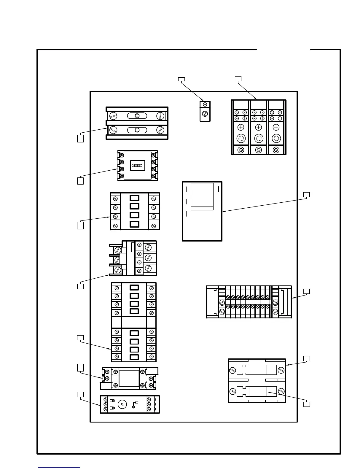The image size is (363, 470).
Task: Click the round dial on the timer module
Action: (x=122, y=404)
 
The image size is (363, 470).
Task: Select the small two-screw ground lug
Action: (x=205, y=111)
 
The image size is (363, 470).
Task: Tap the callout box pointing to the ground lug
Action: (x=181, y=79)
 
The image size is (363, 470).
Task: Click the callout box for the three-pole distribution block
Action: (x=238, y=79)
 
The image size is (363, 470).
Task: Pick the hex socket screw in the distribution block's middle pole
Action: (x=259, y=138)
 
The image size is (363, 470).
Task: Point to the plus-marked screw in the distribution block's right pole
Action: (x=276, y=127)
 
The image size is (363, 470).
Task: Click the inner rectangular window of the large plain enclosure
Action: (x=202, y=196)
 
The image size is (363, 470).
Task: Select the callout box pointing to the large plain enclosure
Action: (x=307, y=195)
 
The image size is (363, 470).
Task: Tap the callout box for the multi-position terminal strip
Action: (x=307, y=291)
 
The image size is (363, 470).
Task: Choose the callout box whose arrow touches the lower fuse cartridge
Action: (x=307, y=404)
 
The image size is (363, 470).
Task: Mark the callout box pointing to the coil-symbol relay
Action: (x=80, y=181)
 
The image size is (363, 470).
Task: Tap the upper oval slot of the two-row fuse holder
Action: (x=137, y=116)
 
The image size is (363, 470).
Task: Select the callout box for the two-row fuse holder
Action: (x=80, y=139)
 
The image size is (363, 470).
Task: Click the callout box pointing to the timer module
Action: (x=80, y=394)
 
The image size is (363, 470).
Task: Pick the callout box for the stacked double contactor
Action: (x=80, y=338)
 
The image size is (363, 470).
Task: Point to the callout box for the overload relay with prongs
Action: (x=80, y=286)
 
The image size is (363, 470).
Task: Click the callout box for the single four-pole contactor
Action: (x=80, y=226)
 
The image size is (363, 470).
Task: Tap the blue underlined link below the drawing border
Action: (x=59, y=468)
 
